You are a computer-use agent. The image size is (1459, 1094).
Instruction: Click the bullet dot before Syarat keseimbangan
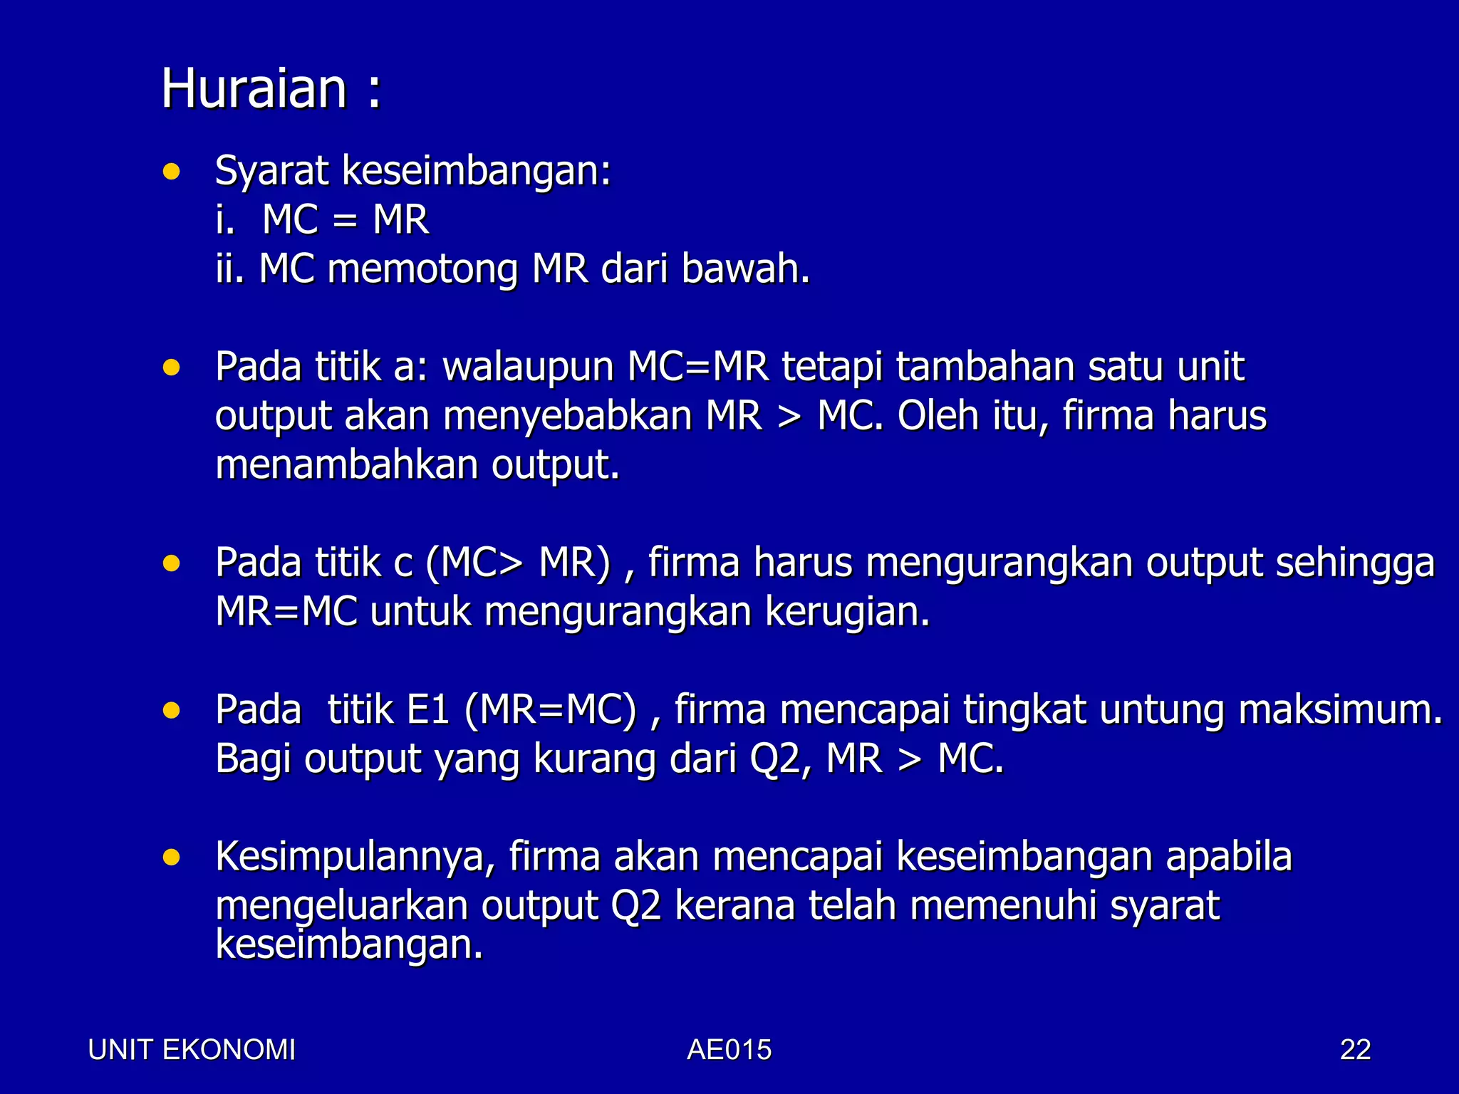[x=171, y=172]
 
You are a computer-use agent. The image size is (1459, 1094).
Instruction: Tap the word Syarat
[x=271, y=172]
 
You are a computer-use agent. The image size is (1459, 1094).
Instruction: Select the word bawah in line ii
[x=744, y=269]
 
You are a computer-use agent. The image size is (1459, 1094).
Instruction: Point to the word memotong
[x=422, y=269]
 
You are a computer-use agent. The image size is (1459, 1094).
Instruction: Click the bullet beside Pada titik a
[x=171, y=368]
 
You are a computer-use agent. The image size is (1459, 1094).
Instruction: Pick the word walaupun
[x=528, y=368]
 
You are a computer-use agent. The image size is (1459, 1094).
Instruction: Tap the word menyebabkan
[x=568, y=416]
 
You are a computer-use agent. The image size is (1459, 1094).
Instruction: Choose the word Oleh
[x=938, y=416]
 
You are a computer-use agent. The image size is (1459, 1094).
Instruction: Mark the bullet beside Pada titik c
[x=171, y=564]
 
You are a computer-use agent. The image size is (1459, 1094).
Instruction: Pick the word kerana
[x=734, y=906]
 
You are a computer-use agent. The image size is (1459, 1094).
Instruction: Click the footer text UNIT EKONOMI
[x=192, y=1050]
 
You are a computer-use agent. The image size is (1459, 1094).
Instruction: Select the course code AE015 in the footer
[x=729, y=1050]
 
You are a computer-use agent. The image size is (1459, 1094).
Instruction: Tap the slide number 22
[x=1355, y=1050]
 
